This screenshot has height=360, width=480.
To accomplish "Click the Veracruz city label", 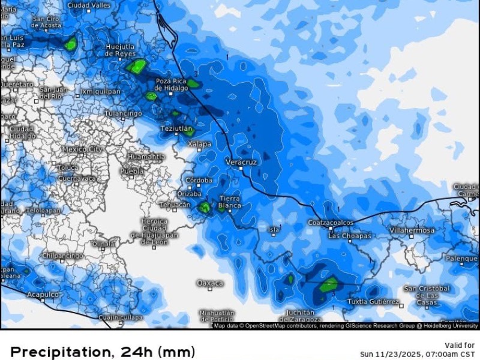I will point(242,162).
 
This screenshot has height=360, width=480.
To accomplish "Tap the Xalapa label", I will point(199,144).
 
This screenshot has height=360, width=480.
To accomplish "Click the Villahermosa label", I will point(412,230).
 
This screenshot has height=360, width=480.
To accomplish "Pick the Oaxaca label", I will point(210,283).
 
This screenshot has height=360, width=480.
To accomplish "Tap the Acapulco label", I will point(43,295).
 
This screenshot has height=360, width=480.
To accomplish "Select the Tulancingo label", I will point(123,113).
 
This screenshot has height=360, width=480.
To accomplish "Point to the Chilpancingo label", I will point(62,256).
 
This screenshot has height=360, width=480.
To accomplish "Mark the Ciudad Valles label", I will point(89,5).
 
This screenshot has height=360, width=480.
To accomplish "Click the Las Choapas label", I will point(350,236).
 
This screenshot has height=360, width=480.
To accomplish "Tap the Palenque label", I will point(461,259).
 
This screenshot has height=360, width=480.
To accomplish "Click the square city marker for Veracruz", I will point(241,169).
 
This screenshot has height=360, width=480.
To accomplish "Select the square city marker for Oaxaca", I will point(210,289).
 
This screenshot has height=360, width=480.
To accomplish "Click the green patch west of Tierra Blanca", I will point(205,208).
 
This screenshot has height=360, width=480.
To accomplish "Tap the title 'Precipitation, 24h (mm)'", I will point(103,352).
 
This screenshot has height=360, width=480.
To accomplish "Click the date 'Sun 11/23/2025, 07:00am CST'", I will point(418,354).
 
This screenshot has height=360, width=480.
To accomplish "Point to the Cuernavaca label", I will point(78,178).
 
